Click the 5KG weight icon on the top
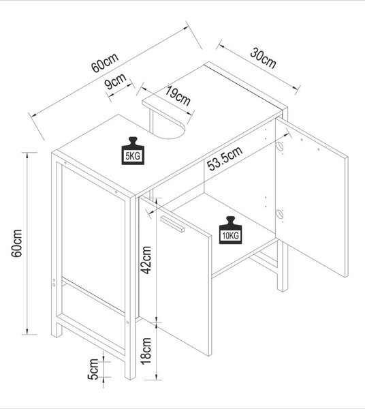tap(133, 151)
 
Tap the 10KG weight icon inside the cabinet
tap(230, 230)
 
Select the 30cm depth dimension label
tap(263, 59)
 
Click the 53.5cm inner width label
tap(225, 158)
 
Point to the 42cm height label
tap(146, 260)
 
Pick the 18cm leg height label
tap(146, 350)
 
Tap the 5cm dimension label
tap(93, 369)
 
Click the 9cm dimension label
tap(115, 81)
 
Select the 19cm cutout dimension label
tap(178, 95)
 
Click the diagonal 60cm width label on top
tap(105, 63)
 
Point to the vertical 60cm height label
tap(16, 243)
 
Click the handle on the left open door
tap(172, 224)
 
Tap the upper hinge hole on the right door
tap(279, 146)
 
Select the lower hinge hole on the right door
tap(279, 214)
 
